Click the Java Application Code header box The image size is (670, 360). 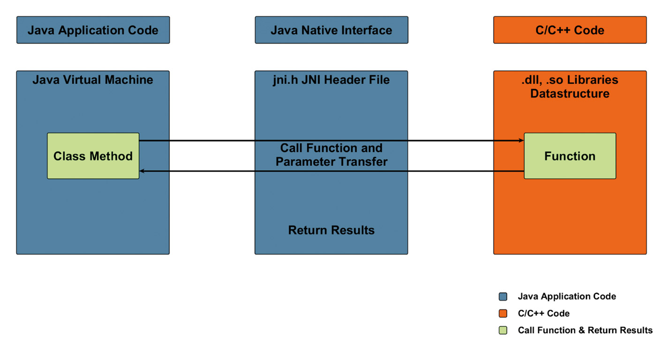93,30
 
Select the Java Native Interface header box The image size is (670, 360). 331,30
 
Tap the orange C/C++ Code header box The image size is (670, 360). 570,30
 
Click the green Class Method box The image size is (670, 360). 93,156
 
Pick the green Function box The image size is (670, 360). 570,156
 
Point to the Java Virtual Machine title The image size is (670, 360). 93,80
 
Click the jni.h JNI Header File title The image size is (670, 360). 331,80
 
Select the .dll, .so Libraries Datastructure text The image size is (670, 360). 570,87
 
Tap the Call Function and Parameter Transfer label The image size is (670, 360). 331,155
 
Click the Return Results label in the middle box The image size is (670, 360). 331,230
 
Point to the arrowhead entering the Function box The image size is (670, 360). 521,140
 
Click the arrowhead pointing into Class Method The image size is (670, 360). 142,171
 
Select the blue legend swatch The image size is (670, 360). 503,296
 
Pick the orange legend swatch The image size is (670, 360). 503,313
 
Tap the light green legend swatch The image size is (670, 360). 503,330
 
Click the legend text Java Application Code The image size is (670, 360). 567,296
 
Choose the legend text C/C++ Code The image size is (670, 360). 544,313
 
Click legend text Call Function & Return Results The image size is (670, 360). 585,330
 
